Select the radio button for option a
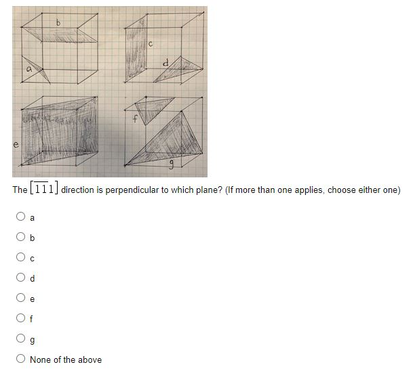21,218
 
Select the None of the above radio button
21,359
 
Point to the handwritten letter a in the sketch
28,67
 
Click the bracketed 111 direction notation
44,190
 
